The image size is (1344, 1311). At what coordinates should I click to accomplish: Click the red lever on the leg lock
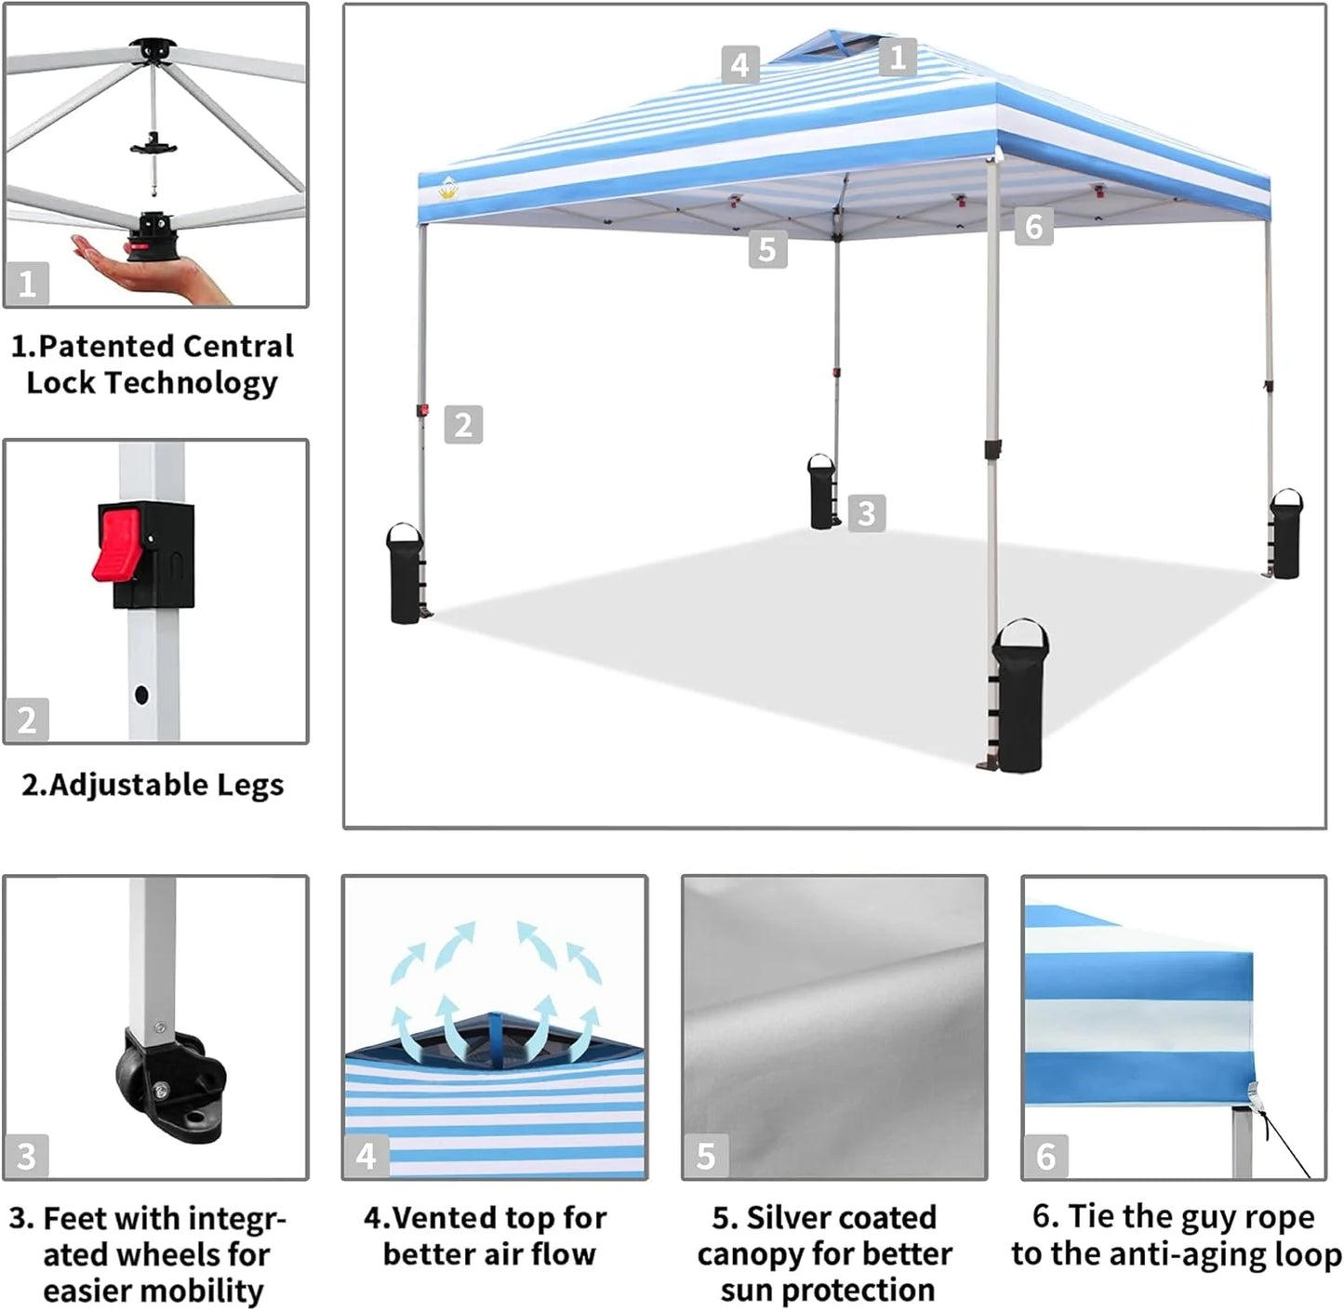[115, 543]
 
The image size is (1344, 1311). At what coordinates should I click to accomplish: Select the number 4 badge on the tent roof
[739, 65]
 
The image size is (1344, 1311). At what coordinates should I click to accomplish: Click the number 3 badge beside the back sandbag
[866, 512]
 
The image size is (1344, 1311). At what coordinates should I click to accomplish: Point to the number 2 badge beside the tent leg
[463, 424]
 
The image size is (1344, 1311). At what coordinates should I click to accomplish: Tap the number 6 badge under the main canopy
[1033, 226]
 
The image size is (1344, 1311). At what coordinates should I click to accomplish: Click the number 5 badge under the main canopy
[767, 249]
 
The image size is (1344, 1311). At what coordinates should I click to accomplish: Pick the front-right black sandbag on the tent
[1020, 696]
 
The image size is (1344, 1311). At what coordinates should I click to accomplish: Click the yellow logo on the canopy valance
[449, 190]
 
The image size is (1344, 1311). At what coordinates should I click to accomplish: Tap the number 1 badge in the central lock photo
[27, 283]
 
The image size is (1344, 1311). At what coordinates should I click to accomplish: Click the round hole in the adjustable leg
[141, 694]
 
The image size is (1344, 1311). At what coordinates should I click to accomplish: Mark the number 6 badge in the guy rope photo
[1045, 1156]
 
